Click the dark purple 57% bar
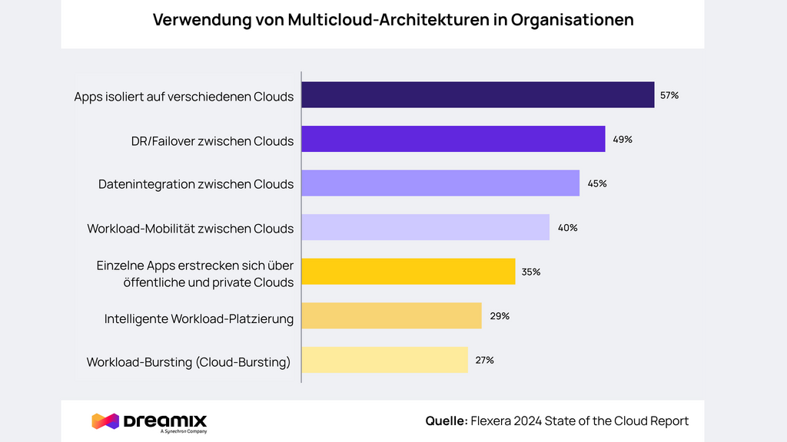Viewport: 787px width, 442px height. click(x=477, y=95)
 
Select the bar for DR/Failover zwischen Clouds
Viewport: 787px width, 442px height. click(x=453, y=139)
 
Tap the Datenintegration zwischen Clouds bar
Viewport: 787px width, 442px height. click(x=440, y=183)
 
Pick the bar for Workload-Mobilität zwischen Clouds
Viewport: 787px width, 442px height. click(x=425, y=227)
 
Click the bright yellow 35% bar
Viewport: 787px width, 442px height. click(x=407, y=272)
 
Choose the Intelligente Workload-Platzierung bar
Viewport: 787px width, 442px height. click(x=391, y=315)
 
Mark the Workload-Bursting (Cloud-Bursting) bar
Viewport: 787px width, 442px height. click(x=384, y=360)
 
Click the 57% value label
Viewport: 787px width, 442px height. click(x=669, y=96)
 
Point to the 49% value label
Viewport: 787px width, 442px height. click(x=623, y=140)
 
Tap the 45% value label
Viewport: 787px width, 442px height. click(x=597, y=183)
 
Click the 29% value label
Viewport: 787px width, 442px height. click(x=500, y=316)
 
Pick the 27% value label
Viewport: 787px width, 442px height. click(x=484, y=360)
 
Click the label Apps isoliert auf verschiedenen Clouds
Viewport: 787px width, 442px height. click(x=184, y=97)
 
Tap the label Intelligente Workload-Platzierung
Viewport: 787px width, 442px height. click(x=199, y=318)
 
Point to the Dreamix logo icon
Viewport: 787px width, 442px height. click(x=105, y=421)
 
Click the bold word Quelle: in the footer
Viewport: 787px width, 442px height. click(x=446, y=421)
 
